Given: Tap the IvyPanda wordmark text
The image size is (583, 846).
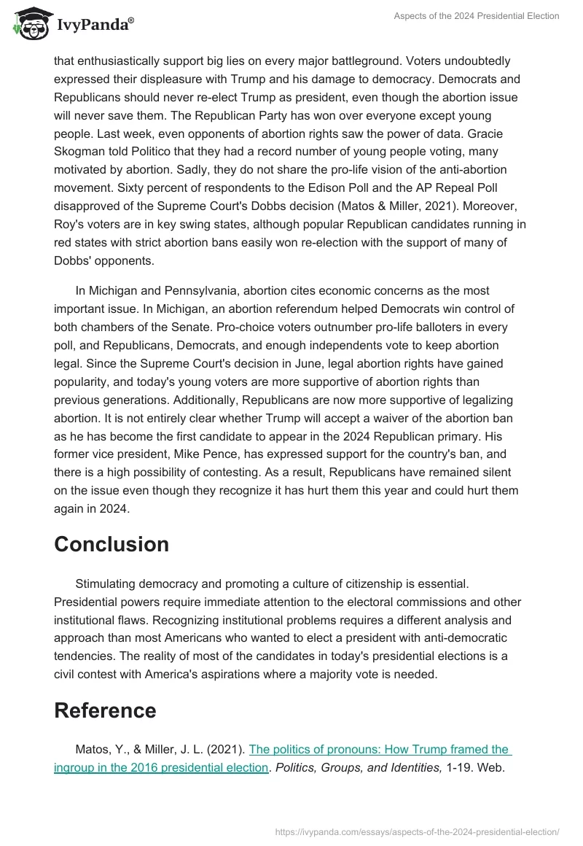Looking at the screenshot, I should tap(94, 26).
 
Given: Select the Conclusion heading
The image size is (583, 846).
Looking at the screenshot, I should tap(111, 544).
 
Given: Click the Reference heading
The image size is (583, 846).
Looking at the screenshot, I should tap(105, 710).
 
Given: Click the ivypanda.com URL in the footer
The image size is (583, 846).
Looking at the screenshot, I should tap(418, 831).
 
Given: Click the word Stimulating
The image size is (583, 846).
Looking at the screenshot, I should tap(109, 583).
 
